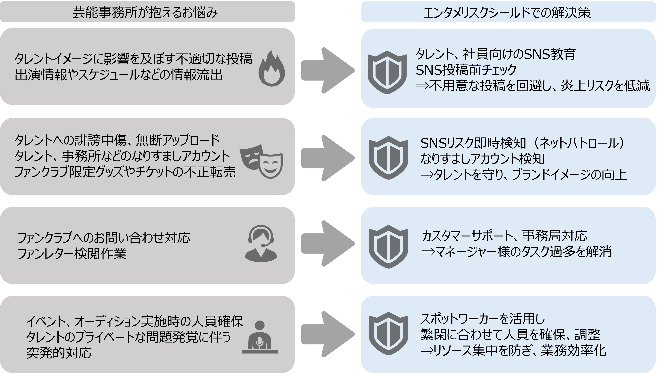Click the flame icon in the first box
coord(272,69)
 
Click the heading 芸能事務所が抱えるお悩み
coord(145,12)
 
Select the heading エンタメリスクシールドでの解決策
coord(507,12)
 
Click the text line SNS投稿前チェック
coord(466,70)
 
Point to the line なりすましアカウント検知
coord(482,159)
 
